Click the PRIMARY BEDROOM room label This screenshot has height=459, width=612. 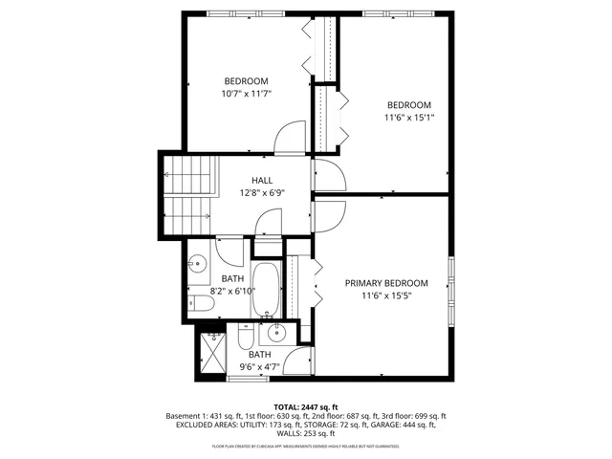pyautogui.click(x=395, y=283)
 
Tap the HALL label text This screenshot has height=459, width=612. pyautogui.click(x=261, y=180)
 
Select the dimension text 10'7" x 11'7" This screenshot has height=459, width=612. pyautogui.click(x=246, y=94)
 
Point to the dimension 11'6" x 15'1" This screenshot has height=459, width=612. pyautogui.click(x=408, y=119)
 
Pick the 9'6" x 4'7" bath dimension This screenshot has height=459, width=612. pyautogui.click(x=260, y=367)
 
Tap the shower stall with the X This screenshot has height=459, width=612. pyautogui.click(x=212, y=353)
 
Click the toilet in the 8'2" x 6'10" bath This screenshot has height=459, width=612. pyautogui.click(x=200, y=304)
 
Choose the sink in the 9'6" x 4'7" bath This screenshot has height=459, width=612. pyautogui.click(x=277, y=334)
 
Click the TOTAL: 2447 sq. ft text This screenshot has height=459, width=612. pyautogui.click(x=306, y=407)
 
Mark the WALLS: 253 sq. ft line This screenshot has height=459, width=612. pyautogui.click(x=306, y=435)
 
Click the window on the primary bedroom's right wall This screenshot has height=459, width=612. pyautogui.click(x=451, y=288)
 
